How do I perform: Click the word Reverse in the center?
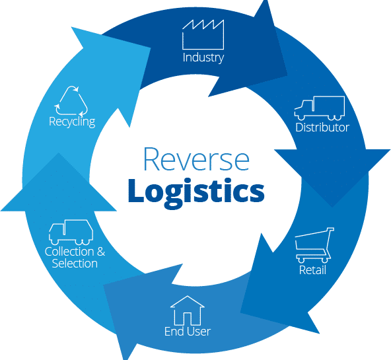(196, 160)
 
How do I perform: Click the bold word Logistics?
(196, 190)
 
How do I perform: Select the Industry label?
(203, 57)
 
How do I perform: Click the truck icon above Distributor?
(320, 108)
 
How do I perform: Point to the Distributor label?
(322, 127)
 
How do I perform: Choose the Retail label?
(312, 270)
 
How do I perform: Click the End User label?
(188, 331)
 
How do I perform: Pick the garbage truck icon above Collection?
(70, 232)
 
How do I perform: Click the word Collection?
(69, 252)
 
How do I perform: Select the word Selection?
(75, 264)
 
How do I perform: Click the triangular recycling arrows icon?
(71, 100)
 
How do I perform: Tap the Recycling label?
(72, 122)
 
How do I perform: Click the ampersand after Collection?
(101, 252)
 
